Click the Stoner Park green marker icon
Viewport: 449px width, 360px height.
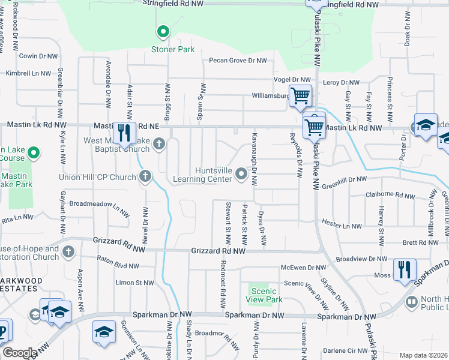[x=161, y=32]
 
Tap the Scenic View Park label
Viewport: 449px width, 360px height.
[x=265, y=295]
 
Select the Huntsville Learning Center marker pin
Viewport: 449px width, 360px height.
[x=241, y=174]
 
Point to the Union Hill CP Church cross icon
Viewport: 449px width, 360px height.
[x=145, y=176]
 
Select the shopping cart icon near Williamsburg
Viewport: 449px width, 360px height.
[x=300, y=95]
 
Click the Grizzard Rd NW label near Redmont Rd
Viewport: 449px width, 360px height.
[x=218, y=251]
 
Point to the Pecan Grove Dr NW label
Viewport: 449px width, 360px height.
[x=237, y=61]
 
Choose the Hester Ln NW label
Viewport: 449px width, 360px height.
[x=342, y=226]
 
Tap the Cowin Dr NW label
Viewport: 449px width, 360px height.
[x=38, y=56]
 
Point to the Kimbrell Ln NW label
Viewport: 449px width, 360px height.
[x=28, y=73]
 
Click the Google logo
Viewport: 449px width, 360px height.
[x=20, y=353]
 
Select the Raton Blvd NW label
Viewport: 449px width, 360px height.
[x=118, y=264]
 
